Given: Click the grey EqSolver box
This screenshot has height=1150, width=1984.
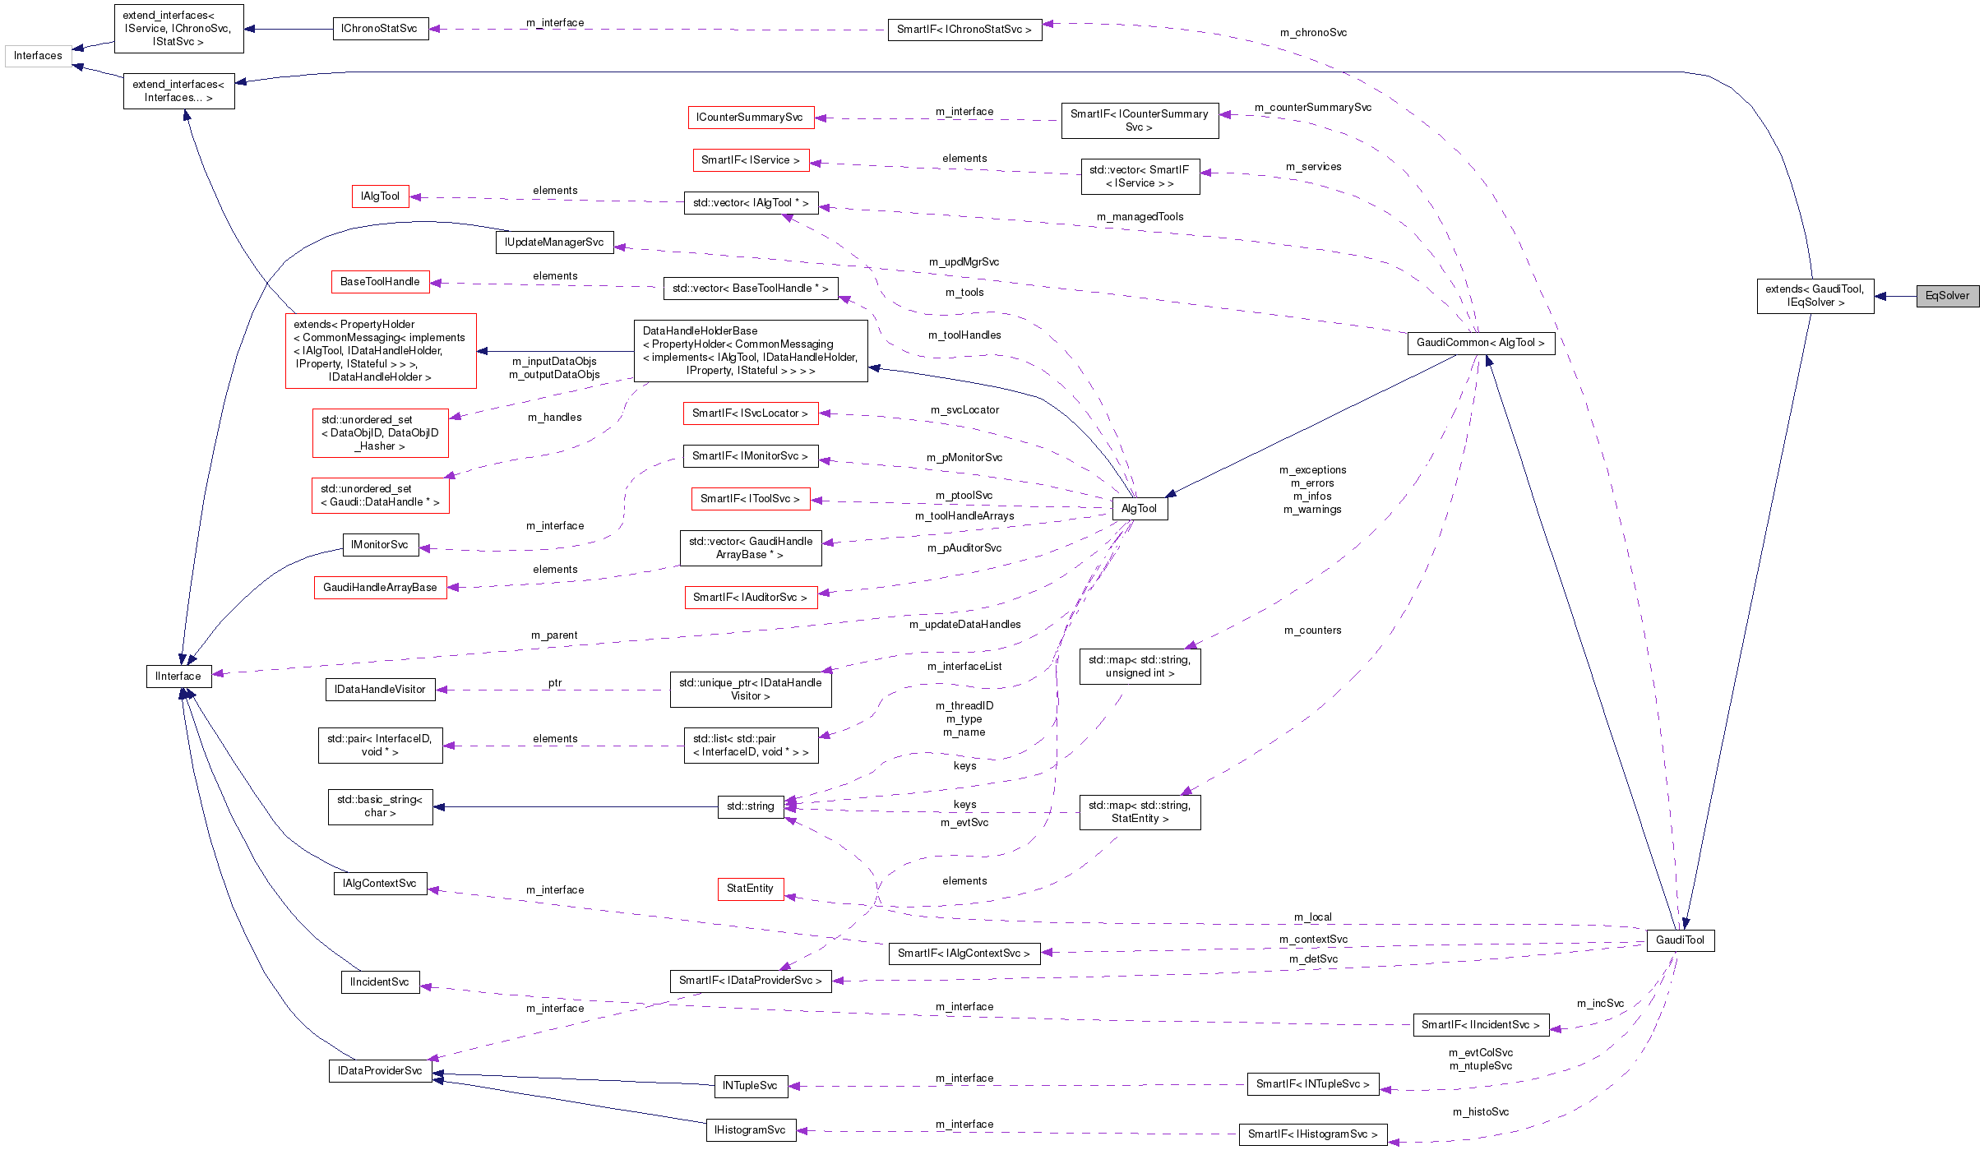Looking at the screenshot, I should pos(1947,296).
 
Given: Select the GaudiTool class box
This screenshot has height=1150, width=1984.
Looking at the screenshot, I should pos(1680,940).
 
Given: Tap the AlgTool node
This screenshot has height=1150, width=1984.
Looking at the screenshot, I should pos(1139,509).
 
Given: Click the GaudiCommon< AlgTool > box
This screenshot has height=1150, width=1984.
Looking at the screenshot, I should pos(1480,343).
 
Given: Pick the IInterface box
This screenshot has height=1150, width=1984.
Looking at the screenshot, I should pos(178,677).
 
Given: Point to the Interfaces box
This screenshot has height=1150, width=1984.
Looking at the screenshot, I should pos(38,56).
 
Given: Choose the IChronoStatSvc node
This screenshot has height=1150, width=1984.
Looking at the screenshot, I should pos(379,29).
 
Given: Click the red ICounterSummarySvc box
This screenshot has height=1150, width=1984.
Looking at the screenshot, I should pos(750,118).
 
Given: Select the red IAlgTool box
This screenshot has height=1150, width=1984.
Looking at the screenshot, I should pos(380,196).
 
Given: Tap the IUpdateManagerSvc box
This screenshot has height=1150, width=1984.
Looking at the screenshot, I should pos(554,242).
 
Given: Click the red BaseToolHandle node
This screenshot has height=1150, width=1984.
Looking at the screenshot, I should pos(380,282).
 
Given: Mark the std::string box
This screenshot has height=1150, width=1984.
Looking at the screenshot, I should pos(750,806).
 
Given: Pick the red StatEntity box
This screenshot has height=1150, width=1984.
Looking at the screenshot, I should pos(750,889).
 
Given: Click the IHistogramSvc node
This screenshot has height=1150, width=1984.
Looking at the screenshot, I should pos(750,1130).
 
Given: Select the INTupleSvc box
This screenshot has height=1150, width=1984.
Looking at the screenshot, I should pos(750,1086).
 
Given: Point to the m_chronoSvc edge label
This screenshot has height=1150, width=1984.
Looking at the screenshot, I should pos(1313,33).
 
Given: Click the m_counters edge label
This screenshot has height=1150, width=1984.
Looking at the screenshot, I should pos(1312,630).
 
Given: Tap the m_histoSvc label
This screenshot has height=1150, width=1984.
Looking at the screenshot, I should pos(1480,1112).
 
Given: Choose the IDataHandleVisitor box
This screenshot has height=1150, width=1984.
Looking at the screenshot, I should pos(380,690).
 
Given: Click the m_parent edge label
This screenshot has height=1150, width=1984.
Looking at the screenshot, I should pos(554,635).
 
